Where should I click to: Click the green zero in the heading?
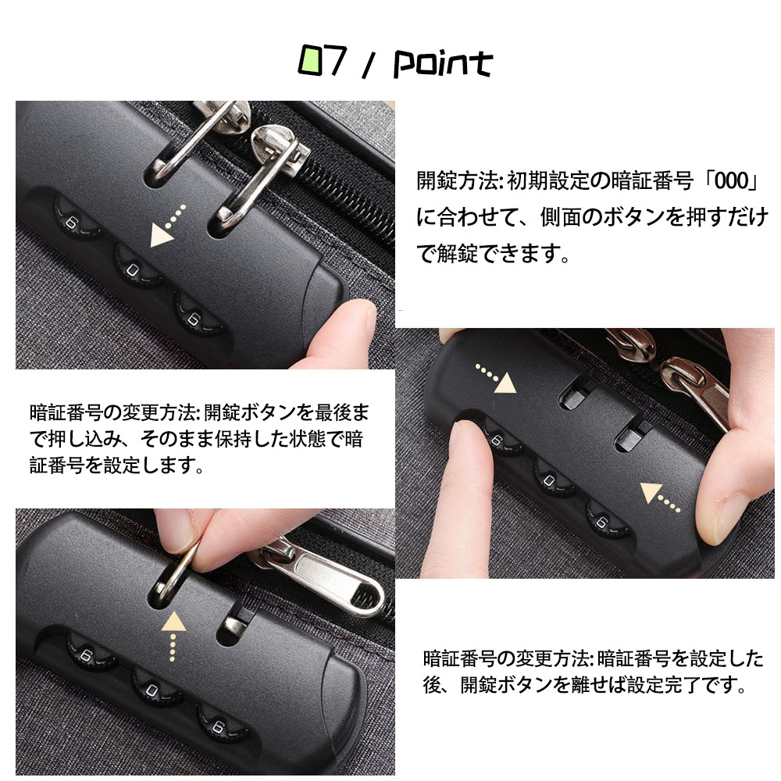tap(311, 61)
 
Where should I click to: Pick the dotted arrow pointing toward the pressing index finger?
tap(496, 376)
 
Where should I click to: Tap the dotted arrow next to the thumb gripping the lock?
tap(660, 497)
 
